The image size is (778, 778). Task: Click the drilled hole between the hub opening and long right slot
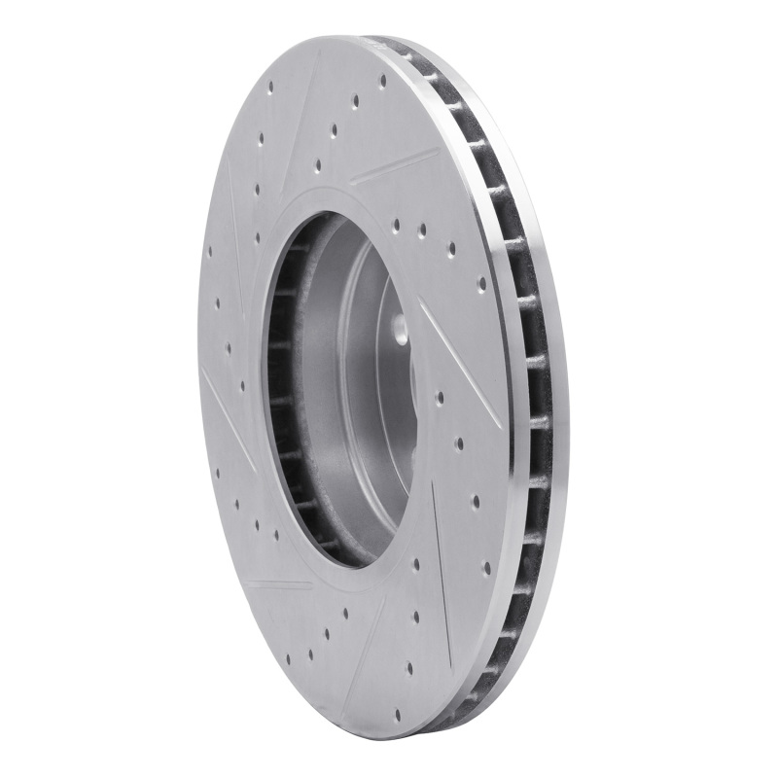click(x=440, y=398)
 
